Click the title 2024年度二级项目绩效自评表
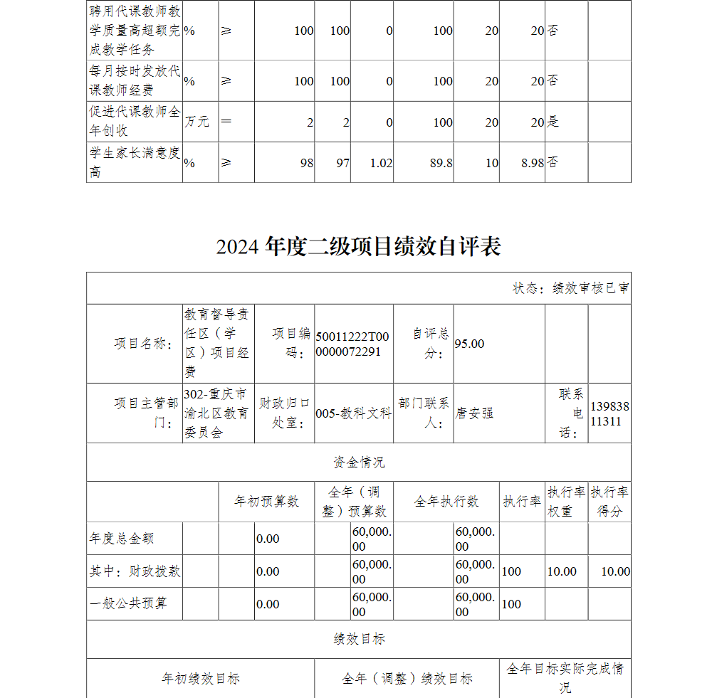[x=359, y=246]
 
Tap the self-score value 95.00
[x=469, y=344]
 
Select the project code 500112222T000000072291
[x=353, y=344]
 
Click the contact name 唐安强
[x=474, y=413]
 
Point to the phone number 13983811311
[x=609, y=413]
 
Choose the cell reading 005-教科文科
[x=353, y=413]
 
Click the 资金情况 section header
[x=359, y=462]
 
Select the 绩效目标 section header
[x=359, y=639]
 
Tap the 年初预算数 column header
[x=266, y=502]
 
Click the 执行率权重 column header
[x=566, y=502]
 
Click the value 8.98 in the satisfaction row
[x=532, y=163]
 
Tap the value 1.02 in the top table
[x=381, y=163]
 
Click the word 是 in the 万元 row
[x=553, y=122]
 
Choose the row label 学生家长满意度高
[x=135, y=163]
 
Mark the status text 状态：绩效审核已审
[x=570, y=288]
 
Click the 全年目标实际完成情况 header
[x=565, y=678]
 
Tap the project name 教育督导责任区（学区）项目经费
[x=217, y=344]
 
